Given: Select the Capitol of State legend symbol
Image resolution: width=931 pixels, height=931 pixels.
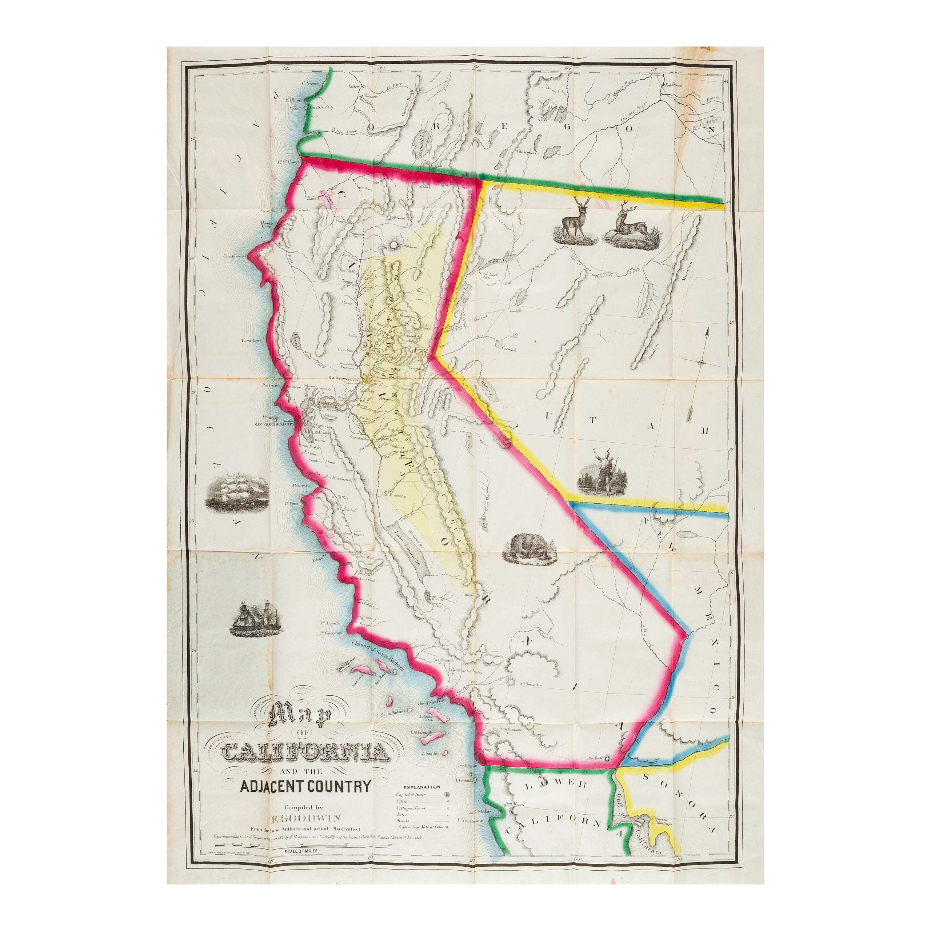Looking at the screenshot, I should [446, 794].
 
